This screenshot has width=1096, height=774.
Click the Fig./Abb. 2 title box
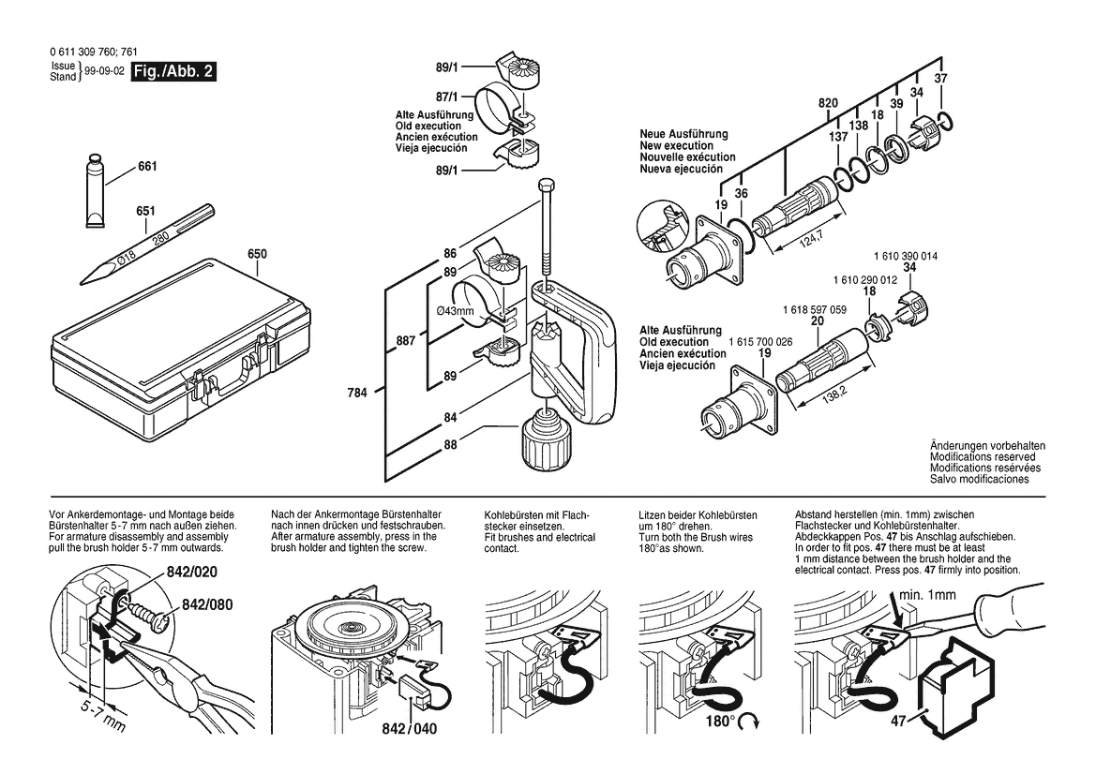coord(173,72)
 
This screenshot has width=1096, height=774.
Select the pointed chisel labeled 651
coord(147,245)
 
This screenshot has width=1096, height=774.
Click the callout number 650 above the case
coord(257,254)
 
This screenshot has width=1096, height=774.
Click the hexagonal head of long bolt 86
coord(547,187)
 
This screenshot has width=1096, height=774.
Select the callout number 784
coord(357,394)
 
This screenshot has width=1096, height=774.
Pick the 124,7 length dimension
coord(811,239)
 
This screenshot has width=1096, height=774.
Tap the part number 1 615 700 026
coord(760,342)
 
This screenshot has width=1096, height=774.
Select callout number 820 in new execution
coord(828,103)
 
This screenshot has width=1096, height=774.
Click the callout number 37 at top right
coord(940,78)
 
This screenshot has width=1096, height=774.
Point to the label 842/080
coord(207,604)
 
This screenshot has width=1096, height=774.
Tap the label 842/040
coord(410,729)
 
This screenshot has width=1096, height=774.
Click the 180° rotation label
coord(721,721)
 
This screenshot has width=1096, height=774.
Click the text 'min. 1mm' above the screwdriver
coord(927,595)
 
